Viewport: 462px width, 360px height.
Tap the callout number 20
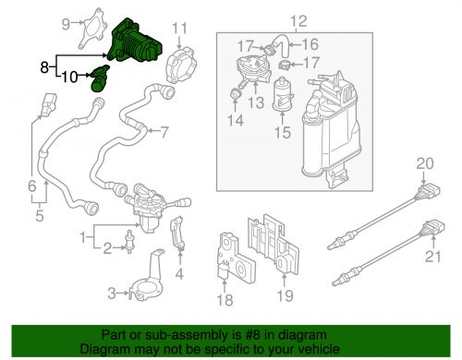click(x=424, y=164)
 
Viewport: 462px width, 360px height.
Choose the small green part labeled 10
click(x=99, y=78)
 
